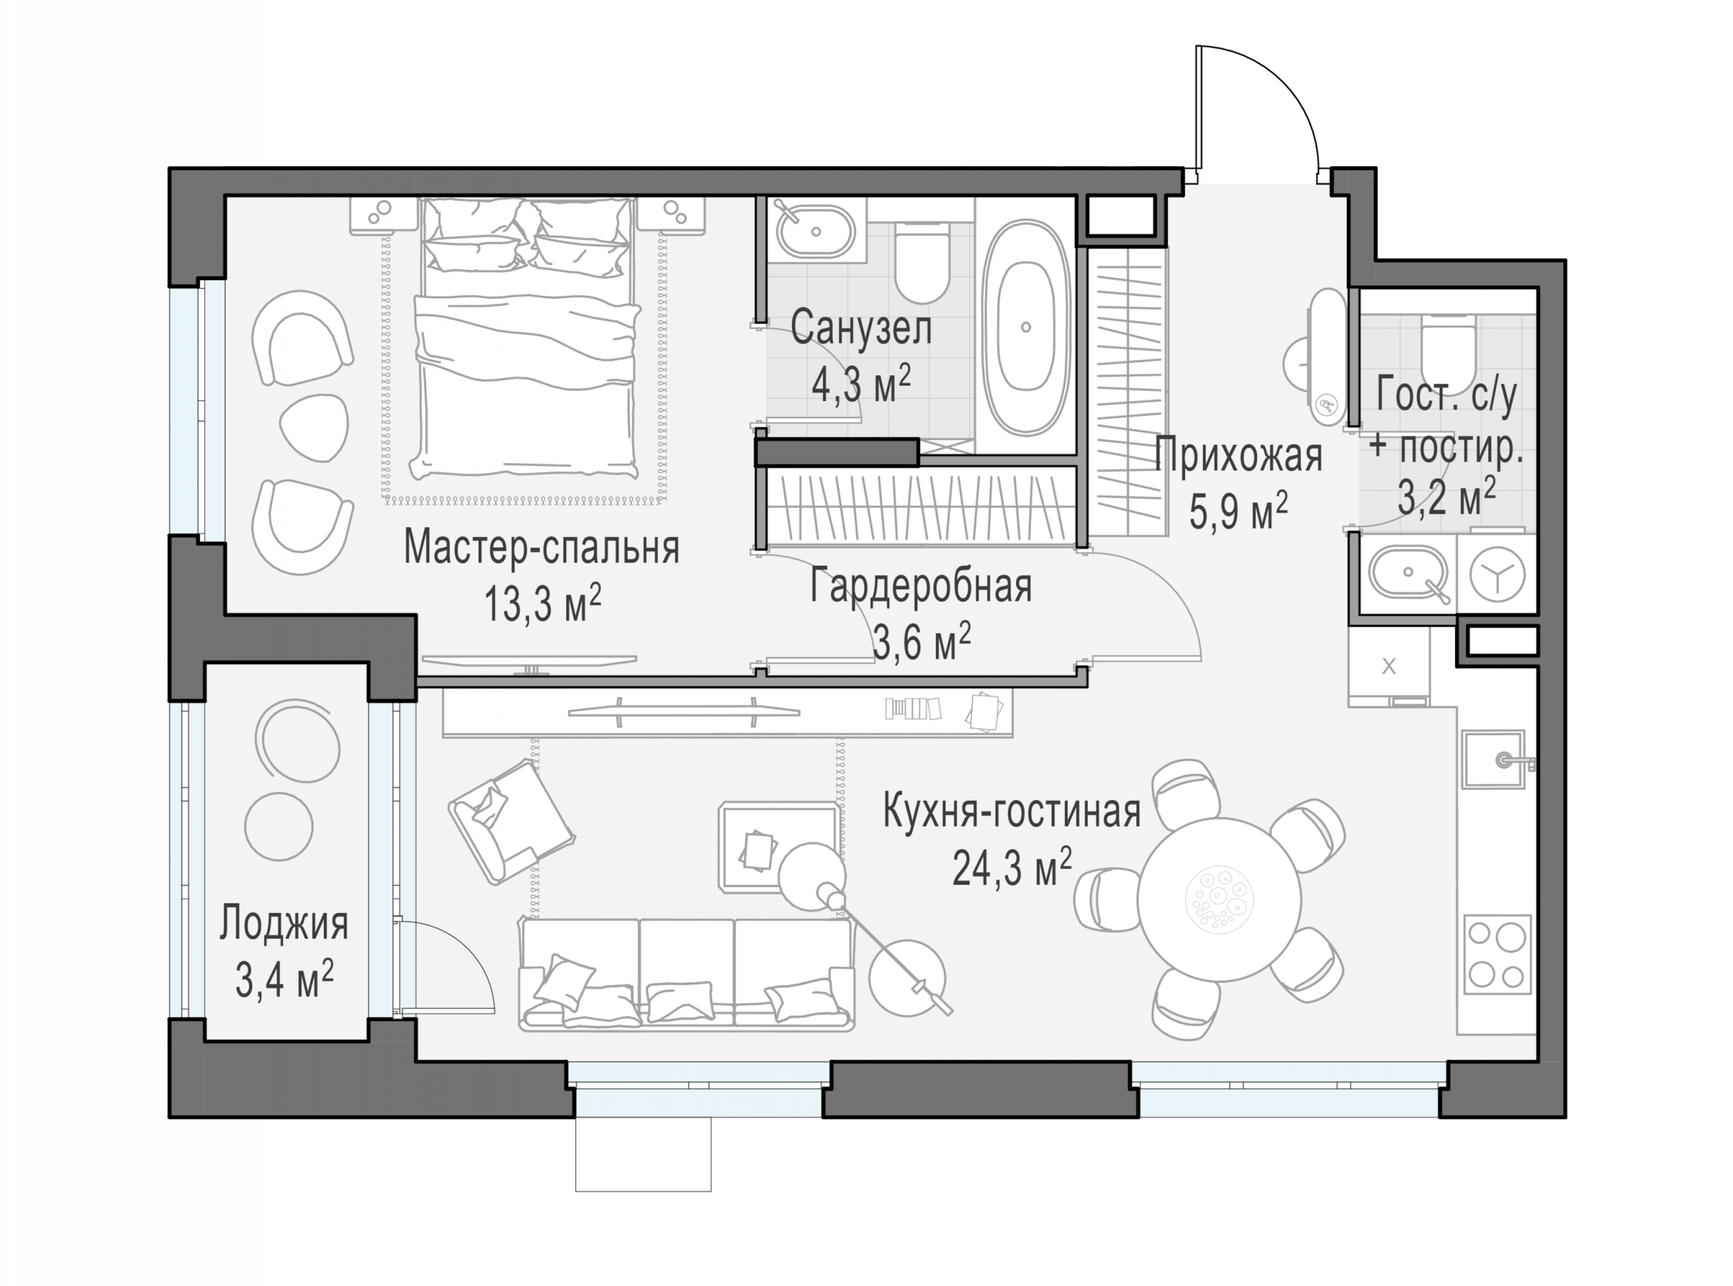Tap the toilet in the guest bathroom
(x=1448, y=347)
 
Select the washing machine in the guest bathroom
(x=1497, y=574)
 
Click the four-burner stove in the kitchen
(x=1497, y=954)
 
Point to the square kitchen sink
(x=1493, y=759)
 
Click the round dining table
(x=1219, y=899)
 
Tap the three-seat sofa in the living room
(x=686, y=975)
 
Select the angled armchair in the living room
(x=511, y=821)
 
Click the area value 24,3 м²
(x=1012, y=867)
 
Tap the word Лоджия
(x=284, y=924)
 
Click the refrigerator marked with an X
(x=1389, y=666)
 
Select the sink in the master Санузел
(x=815, y=231)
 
